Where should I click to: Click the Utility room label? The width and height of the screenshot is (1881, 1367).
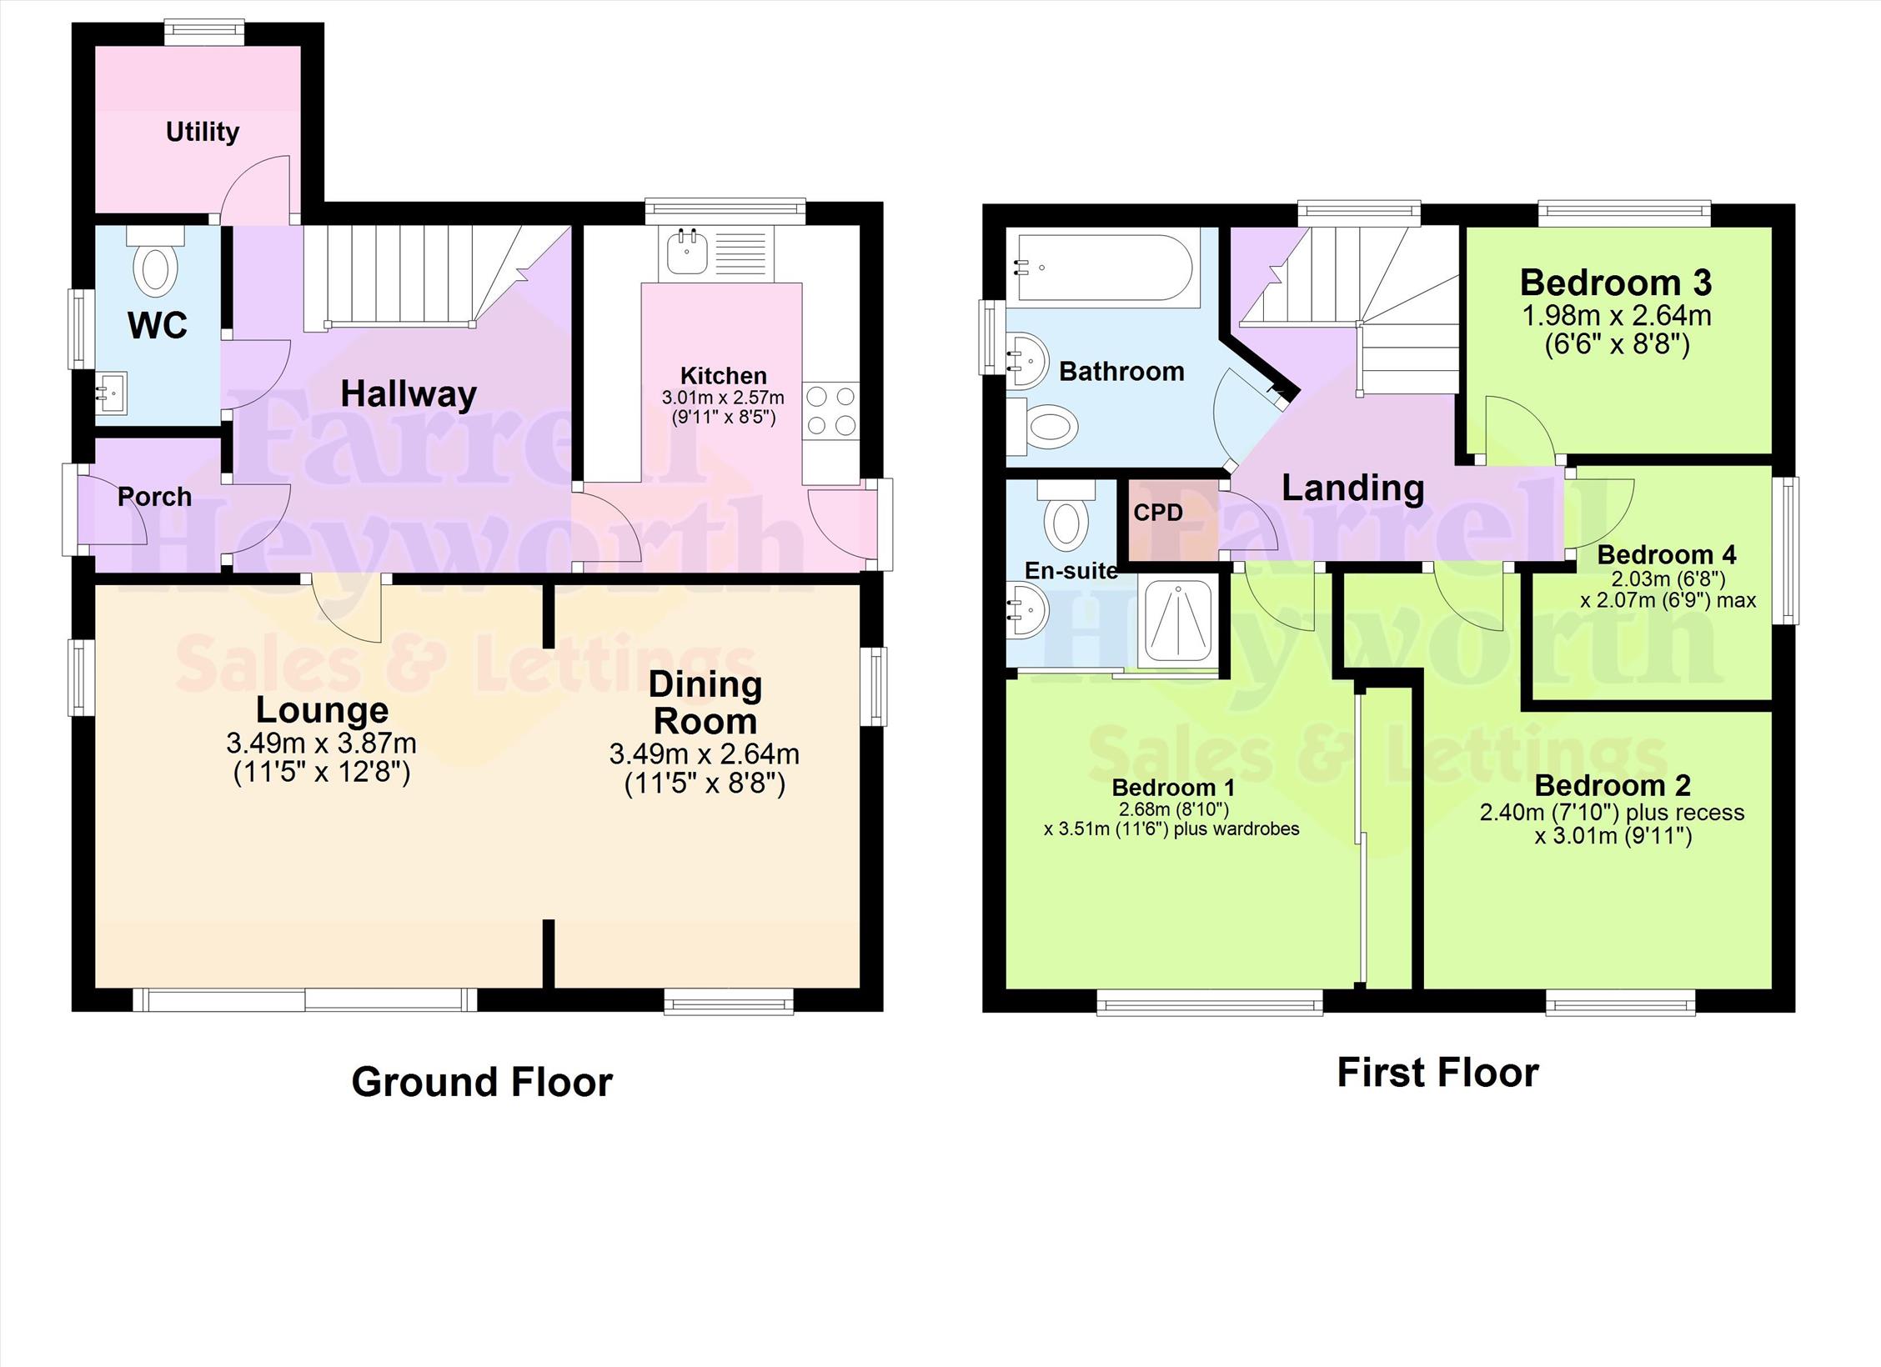click(203, 132)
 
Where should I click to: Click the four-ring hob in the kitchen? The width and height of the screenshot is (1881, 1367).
click(831, 409)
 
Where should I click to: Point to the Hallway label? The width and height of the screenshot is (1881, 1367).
click(409, 393)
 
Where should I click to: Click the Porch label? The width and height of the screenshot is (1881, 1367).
click(155, 497)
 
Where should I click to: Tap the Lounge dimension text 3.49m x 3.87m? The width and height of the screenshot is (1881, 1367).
click(321, 743)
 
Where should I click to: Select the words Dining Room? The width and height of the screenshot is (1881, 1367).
click(705, 703)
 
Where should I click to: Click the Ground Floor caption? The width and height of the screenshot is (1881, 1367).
click(482, 1082)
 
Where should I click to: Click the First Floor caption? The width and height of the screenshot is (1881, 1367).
click(1437, 1073)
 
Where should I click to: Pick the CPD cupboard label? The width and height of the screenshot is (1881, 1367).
click(1158, 512)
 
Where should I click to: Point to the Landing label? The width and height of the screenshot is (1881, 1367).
click(1352, 488)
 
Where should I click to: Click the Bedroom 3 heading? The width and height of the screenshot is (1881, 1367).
click(1616, 283)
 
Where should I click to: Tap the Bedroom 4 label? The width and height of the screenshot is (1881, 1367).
click(1667, 554)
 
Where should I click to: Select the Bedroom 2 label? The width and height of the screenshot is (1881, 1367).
click(1613, 784)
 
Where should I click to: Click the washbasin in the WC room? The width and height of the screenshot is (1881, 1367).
click(112, 393)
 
